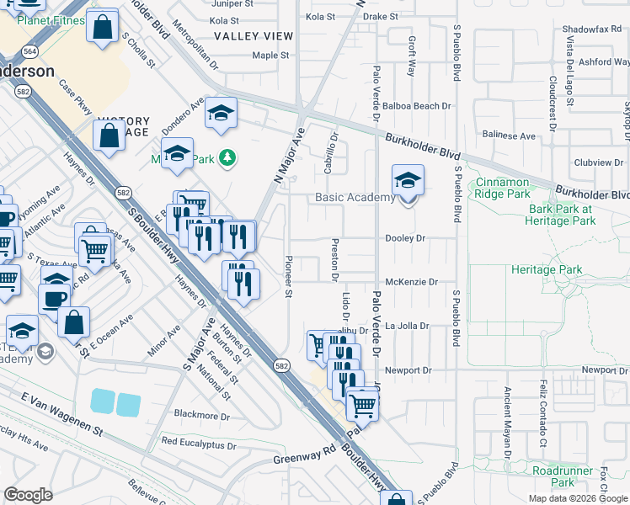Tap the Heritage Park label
(547, 270)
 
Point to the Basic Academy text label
(355, 198)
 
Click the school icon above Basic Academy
(408, 180)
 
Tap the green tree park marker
(227, 157)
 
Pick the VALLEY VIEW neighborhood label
(254, 36)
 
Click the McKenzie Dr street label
(412, 283)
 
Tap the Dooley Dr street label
(405, 238)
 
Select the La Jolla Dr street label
(408, 326)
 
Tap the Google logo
(28, 495)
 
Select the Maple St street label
(270, 56)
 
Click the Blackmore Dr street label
(201, 415)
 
